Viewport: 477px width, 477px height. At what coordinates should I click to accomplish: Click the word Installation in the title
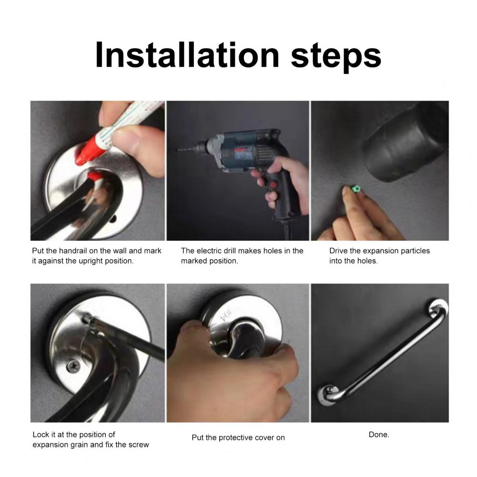pos(187,55)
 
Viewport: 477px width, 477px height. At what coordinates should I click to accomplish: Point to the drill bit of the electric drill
pos(185,149)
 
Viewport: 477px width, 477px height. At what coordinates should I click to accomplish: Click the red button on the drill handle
pos(274,185)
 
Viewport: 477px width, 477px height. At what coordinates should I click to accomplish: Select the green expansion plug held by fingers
pos(353,189)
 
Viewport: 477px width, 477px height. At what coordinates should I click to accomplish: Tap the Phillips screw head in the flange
pos(73,365)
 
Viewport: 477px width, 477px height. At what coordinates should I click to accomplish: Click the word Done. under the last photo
pos(379,435)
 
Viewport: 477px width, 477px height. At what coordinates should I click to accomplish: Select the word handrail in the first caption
pos(73,251)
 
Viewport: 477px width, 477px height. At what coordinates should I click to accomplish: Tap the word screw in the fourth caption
pos(139,445)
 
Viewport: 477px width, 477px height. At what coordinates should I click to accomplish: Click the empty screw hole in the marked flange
pos(112,218)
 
